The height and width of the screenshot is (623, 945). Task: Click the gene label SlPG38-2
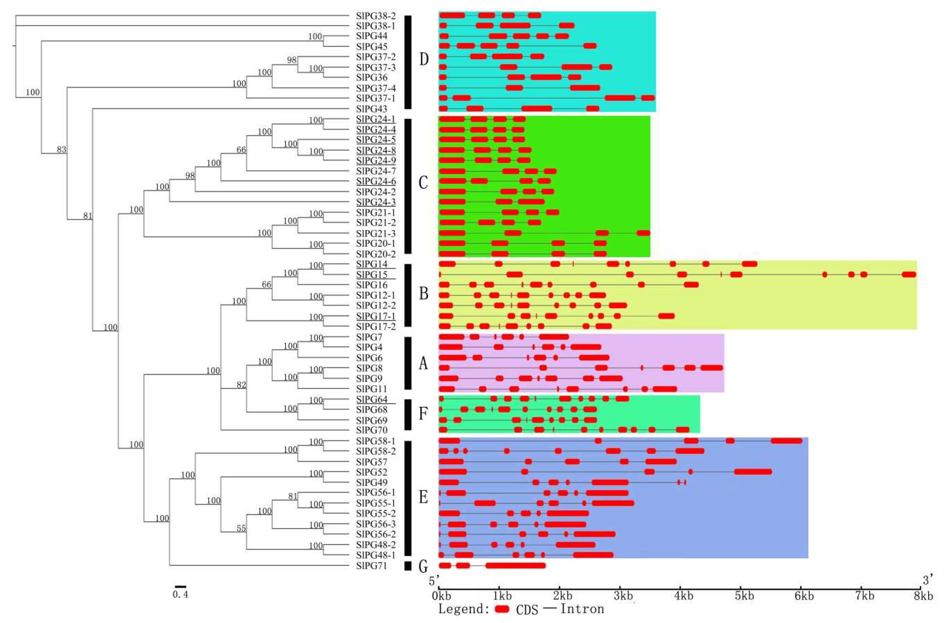[375, 16]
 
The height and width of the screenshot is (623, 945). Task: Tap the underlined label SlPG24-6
[375, 181]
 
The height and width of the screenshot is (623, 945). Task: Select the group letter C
[423, 183]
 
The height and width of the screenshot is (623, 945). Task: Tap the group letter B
[424, 294]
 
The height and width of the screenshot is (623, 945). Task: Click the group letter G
[423, 567]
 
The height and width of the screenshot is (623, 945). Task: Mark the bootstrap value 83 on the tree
[61, 150]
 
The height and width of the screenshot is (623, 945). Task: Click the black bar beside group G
[407, 566]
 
